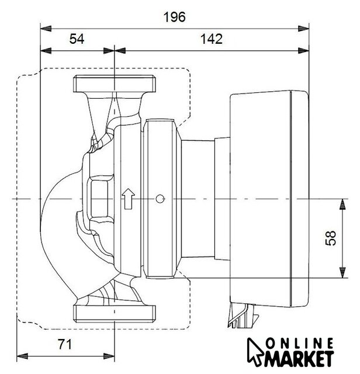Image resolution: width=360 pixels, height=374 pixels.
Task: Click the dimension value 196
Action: click(174, 17)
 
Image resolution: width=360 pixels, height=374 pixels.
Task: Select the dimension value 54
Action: click(77, 39)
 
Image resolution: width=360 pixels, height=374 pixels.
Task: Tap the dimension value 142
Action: click(212, 39)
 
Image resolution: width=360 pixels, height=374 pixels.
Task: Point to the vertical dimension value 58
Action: click(331, 238)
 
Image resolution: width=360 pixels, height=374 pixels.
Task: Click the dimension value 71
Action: click(65, 344)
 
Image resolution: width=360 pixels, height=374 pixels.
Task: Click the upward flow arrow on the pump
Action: click(129, 199)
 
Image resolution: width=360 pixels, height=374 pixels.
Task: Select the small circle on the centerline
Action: click(160, 199)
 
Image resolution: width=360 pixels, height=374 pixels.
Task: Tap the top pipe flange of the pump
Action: click(115, 84)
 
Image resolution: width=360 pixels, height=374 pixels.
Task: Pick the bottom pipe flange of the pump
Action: click(115, 314)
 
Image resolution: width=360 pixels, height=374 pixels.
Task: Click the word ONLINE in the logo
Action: click(300, 344)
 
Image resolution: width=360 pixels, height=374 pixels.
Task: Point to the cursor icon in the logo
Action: click(254, 352)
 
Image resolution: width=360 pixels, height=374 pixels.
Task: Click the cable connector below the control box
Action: click(243, 316)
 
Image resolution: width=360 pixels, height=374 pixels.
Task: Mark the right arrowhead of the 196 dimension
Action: click(303, 29)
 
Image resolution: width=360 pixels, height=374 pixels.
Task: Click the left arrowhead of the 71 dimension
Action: click(22, 356)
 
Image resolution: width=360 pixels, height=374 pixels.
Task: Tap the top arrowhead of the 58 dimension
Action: click(342, 204)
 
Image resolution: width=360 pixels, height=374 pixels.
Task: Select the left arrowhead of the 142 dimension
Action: click(120, 51)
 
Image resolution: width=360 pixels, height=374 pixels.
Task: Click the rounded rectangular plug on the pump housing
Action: click(99, 199)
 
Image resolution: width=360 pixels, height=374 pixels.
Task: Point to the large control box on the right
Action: click(269, 198)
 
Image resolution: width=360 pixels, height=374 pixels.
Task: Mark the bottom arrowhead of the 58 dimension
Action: click(342, 272)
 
